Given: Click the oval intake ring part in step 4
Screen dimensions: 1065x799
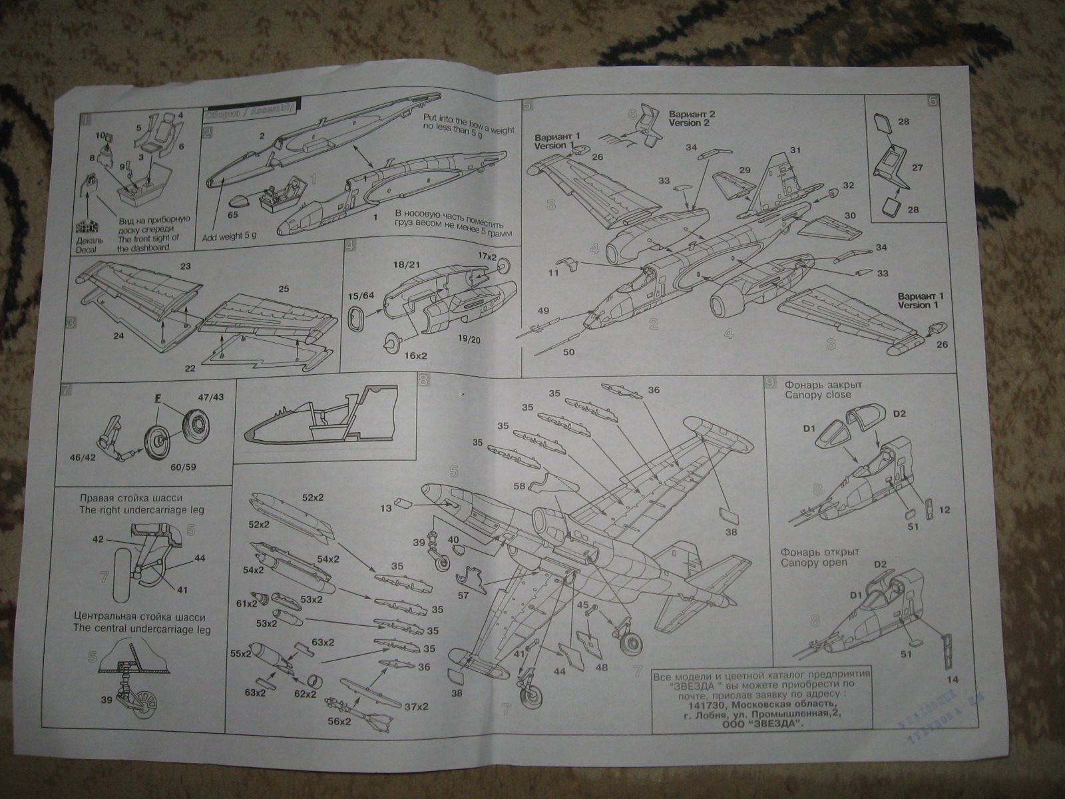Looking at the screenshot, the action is tap(358, 319).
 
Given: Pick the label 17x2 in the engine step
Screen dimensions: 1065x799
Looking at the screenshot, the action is tap(487, 256).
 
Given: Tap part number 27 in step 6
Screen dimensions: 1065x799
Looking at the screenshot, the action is tap(917, 168).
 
